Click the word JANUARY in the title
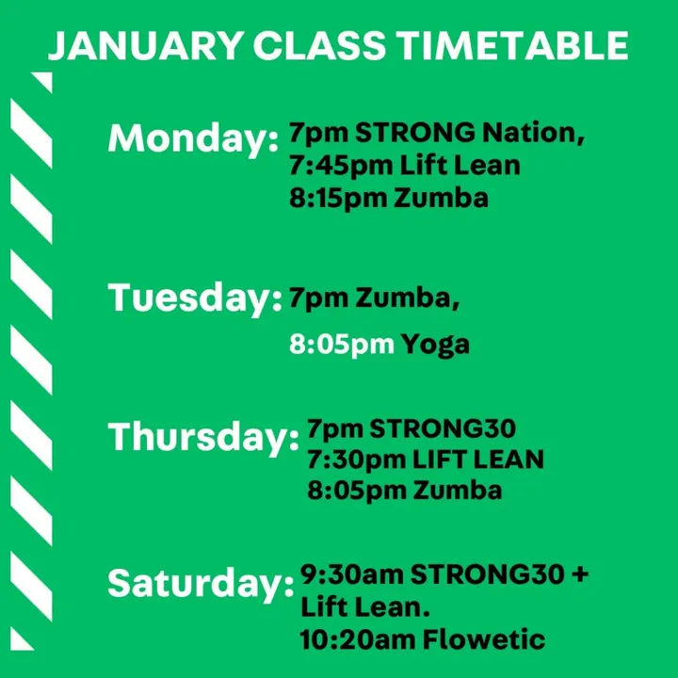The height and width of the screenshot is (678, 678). tap(145, 45)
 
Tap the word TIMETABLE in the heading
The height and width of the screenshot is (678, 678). tap(512, 45)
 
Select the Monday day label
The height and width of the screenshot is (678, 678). tap(193, 138)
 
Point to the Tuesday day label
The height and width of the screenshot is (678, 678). tap(195, 298)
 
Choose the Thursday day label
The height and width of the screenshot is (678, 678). tap(203, 437)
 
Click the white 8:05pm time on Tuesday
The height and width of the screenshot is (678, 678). tap(342, 345)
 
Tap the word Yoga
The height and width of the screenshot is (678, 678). tap(435, 345)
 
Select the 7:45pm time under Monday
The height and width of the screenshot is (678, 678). tap(341, 166)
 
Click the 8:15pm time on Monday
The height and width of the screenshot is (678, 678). tap(338, 199)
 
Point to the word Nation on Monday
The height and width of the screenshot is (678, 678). tap(534, 133)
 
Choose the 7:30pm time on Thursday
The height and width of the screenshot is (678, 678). tap(356, 460)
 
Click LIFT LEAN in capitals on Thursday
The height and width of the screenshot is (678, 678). tap(478, 460)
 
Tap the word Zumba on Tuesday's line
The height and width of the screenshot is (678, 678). tap(408, 298)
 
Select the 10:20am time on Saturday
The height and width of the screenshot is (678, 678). tap(358, 640)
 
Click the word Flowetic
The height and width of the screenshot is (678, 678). tap(484, 640)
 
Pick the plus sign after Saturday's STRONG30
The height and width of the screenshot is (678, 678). tap(580, 574)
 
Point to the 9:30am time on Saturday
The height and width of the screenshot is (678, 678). tap(351, 574)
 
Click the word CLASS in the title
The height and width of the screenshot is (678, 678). tap(319, 45)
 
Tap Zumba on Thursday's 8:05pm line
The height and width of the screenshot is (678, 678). tap(458, 491)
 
